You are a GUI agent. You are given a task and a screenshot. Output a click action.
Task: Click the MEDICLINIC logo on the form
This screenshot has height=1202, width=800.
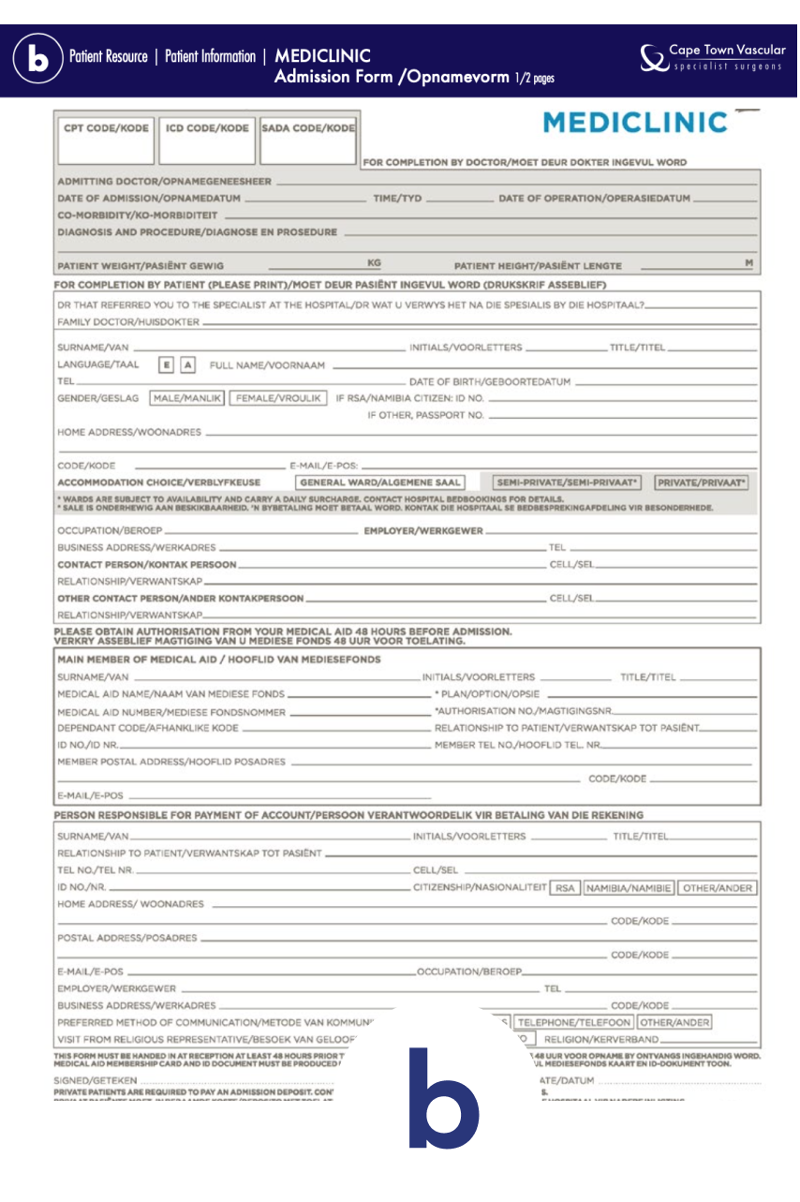pyautogui.click(x=635, y=123)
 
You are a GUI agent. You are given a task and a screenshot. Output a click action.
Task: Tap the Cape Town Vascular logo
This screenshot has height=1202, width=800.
pyautogui.click(x=712, y=57)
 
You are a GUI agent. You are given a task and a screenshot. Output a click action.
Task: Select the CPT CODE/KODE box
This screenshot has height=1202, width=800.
pyautogui.click(x=106, y=140)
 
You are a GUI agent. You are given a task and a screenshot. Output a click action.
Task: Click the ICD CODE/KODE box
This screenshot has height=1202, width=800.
pyautogui.click(x=207, y=140)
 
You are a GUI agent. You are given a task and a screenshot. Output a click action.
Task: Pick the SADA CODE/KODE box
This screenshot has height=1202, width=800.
pyautogui.click(x=308, y=140)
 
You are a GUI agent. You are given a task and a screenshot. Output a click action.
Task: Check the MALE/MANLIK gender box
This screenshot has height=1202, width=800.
pyautogui.click(x=187, y=398)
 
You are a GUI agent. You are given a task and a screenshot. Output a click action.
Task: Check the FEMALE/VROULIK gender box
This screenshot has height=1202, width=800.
pyautogui.click(x=278, y=398)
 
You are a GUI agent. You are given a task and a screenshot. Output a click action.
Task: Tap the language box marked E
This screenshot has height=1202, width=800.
pyautogui.click(x=166, y=365)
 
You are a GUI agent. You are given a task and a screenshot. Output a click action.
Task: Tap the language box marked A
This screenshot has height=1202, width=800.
pyautogui.click(x=187, y=365)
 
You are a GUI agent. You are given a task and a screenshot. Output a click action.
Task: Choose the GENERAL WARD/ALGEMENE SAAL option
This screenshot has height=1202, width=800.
pyautogui.click(x=379, y=482)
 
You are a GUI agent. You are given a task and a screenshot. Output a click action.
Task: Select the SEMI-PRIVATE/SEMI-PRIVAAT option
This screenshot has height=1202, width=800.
pyautogui.click(x=568, y=482)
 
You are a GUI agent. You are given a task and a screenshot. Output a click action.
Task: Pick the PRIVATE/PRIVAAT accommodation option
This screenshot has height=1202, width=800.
pyautogui.click(x=702, y=482)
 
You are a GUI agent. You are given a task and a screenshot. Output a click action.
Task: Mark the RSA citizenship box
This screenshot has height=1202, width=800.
pyautogui.click(x=565, y=888)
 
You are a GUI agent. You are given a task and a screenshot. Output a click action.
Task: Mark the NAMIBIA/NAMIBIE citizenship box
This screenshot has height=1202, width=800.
pyautogui.click(x=629, y=888)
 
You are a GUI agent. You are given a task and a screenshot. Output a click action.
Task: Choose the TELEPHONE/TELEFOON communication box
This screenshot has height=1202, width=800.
pyautogui.click(x=573, y=1022)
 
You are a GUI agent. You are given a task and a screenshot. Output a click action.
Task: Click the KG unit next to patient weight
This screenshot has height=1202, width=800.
pyautogui.click(x=374, y=263)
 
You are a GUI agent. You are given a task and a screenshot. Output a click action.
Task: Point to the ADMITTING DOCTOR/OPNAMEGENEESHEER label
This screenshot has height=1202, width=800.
pyautogui.click(x=165, y=181)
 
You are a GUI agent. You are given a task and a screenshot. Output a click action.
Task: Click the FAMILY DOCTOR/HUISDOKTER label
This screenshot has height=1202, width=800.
pyautogui.click(x=128, y=322)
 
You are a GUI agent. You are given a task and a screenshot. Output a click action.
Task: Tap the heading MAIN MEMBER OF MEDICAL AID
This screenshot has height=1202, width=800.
pyautogui.click(x=219, y=660)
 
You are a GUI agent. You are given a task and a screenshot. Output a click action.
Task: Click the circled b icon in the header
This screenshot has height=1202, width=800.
pyautogui.click(x=37, y=59)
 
